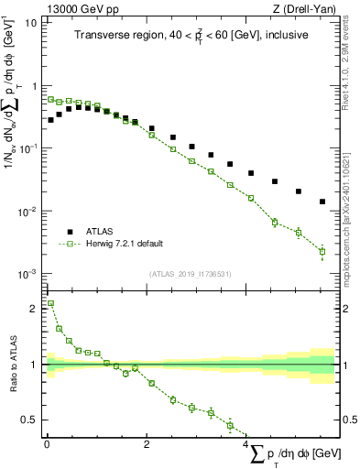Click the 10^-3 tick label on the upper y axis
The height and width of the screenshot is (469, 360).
(27, 274)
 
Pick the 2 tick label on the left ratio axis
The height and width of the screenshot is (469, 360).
(33, 309)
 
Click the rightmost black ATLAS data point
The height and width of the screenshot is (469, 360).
(322, 202)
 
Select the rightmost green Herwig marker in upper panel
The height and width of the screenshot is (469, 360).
(322, 251)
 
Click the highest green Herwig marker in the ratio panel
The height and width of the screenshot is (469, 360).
(50, 303)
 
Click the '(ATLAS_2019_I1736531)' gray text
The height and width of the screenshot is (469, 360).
(190, 273)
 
